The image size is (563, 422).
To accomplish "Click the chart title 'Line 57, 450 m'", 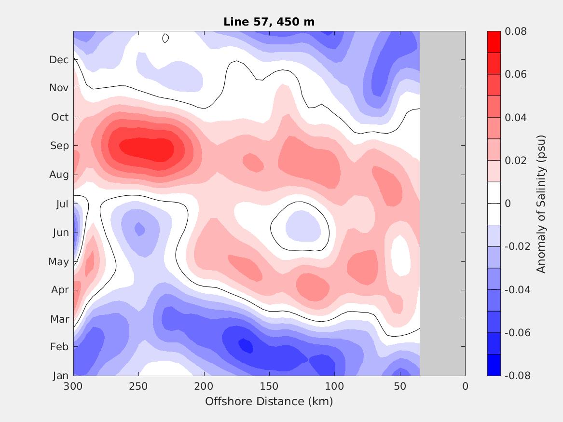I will click(x=269, y=22).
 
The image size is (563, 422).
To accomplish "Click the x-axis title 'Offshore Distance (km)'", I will click(x=269, y=401).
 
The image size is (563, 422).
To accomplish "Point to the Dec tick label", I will click(x=59, y=60).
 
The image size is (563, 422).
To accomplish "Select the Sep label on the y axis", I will click(x=59, y=146).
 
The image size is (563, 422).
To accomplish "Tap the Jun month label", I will click(x=61, y=232).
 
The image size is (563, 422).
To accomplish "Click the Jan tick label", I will click(x=60, y=376).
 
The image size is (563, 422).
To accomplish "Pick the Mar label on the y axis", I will click(x=59, y=319).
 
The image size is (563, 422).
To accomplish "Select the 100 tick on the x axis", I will click(x=334, y=386).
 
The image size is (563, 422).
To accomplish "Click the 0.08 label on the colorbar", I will click(x=515, y=31).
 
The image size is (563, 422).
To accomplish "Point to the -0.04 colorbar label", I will click(x=517, y=290).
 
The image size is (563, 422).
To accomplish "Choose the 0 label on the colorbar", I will click(x=508, y=204).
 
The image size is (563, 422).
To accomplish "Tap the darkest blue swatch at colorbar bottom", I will click(x=494, y=365).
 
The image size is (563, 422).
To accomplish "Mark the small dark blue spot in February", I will click(x=246, y=345).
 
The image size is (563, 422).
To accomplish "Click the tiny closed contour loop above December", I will click(x=165, y=38).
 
